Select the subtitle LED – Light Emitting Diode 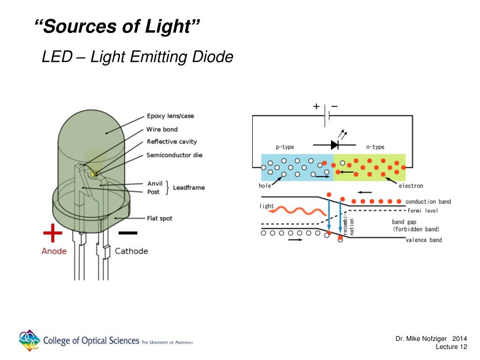[137, 57]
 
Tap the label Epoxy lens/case [170, 116]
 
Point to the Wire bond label [162, 129]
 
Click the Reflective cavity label [172, 142]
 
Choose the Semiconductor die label [174, 155]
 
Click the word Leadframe [189, 187]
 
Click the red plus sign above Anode [52, 233]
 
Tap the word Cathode [131, 251]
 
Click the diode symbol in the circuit [335, 144]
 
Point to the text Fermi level [423, 210]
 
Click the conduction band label [428, 202]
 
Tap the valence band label [424, 240]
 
